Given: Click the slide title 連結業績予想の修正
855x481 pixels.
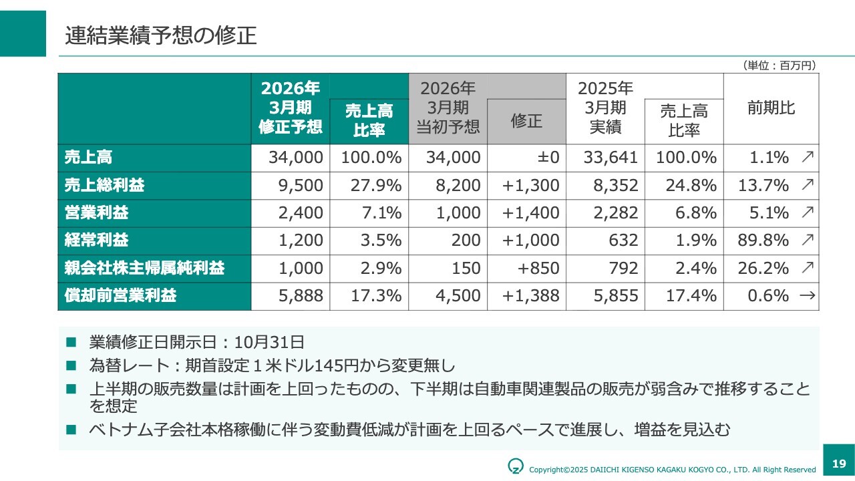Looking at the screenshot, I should (x=161, y=35).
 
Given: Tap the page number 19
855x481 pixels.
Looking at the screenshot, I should (x=839, y=464).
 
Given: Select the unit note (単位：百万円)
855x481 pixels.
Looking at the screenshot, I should (x=779, y=65).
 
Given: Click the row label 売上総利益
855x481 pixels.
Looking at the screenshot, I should (x=104, y=185).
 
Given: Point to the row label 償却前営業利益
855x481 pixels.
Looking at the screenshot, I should (x=120, y=296).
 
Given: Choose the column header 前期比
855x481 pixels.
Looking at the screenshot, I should (x=771, y=108).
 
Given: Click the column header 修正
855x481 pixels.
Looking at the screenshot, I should (x=526, y=121).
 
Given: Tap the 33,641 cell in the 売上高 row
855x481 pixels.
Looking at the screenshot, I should (x=611, y=158).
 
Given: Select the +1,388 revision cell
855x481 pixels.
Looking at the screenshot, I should (x=530, y=296).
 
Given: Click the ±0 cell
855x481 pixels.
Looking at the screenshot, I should (x=546, y=158).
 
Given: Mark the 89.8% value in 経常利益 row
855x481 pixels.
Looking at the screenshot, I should (x=763, y=240).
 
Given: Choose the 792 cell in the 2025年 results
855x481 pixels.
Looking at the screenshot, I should (x=623, y=269).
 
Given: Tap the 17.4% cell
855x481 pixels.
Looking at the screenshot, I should (x=691, y=296).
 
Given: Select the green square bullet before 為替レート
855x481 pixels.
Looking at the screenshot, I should (x=71, y=366).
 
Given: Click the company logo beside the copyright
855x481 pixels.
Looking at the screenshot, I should (x=515, y=465).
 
